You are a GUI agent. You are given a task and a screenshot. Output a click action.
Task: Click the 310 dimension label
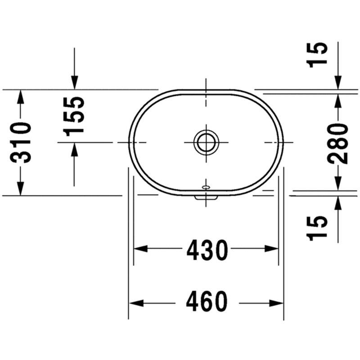pos(20,143)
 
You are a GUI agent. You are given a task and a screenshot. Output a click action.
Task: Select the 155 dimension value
pos(73,117)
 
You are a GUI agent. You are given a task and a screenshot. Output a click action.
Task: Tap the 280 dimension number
pos(337,143)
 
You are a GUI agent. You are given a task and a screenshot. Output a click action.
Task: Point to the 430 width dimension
pos(207,250)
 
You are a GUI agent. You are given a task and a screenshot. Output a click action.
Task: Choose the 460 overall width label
pos(207,301)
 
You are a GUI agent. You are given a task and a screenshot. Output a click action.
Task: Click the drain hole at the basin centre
pos(206,142)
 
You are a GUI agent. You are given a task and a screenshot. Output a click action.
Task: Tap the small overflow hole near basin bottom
pos(206,188)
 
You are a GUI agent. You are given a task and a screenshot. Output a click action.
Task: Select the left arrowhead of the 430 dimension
pos(140,248)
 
